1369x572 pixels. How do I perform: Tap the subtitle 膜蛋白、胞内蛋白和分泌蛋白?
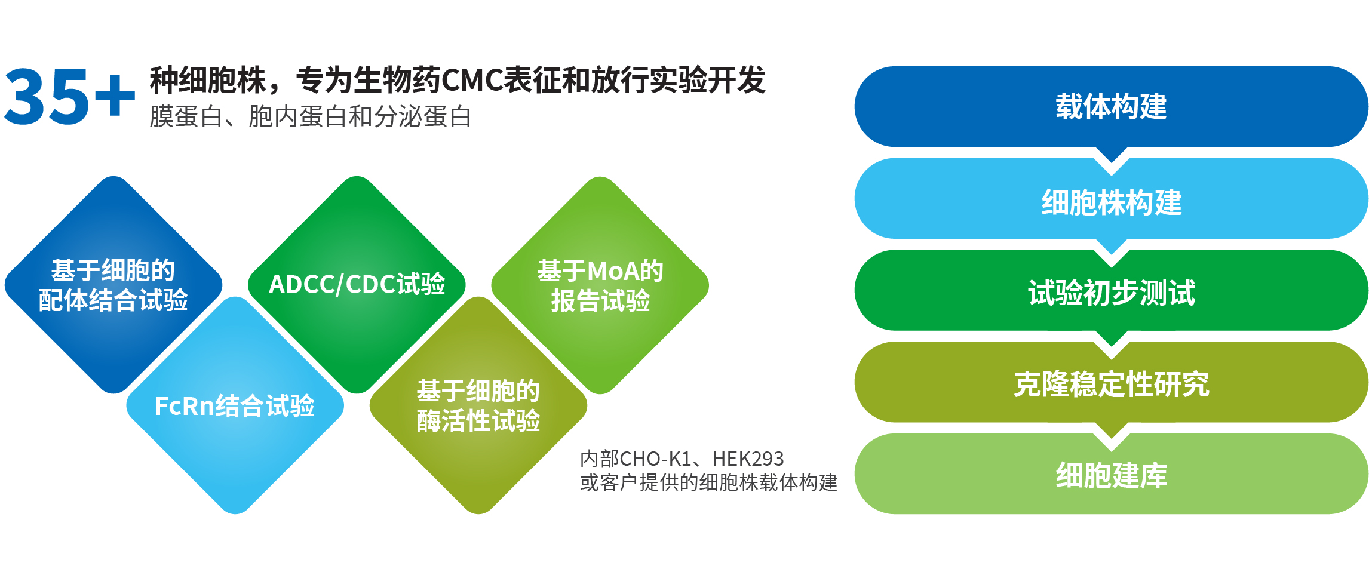(310, 116)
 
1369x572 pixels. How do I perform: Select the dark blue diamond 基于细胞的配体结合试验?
(113, 285)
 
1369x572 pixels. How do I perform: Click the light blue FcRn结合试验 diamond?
(235, 406)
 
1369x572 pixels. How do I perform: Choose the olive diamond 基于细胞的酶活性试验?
(478, 406)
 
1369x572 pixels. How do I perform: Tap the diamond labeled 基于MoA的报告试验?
(600, 285)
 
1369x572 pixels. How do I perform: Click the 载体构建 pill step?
(1111, 107)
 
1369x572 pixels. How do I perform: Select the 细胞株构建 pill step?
(1111, 202)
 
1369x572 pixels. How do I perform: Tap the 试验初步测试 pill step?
(1111, 293)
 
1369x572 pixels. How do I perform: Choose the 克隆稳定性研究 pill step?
(1111, 384)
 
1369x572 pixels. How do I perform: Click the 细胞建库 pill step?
(1111, 475)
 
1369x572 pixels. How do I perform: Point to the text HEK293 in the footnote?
(748, 459)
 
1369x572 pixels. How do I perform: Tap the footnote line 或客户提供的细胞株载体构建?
(708, 482)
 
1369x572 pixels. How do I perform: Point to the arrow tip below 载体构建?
(1111, 156)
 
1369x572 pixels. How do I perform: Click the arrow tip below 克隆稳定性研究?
(1111, 432)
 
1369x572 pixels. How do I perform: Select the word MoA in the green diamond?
(613, 272)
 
